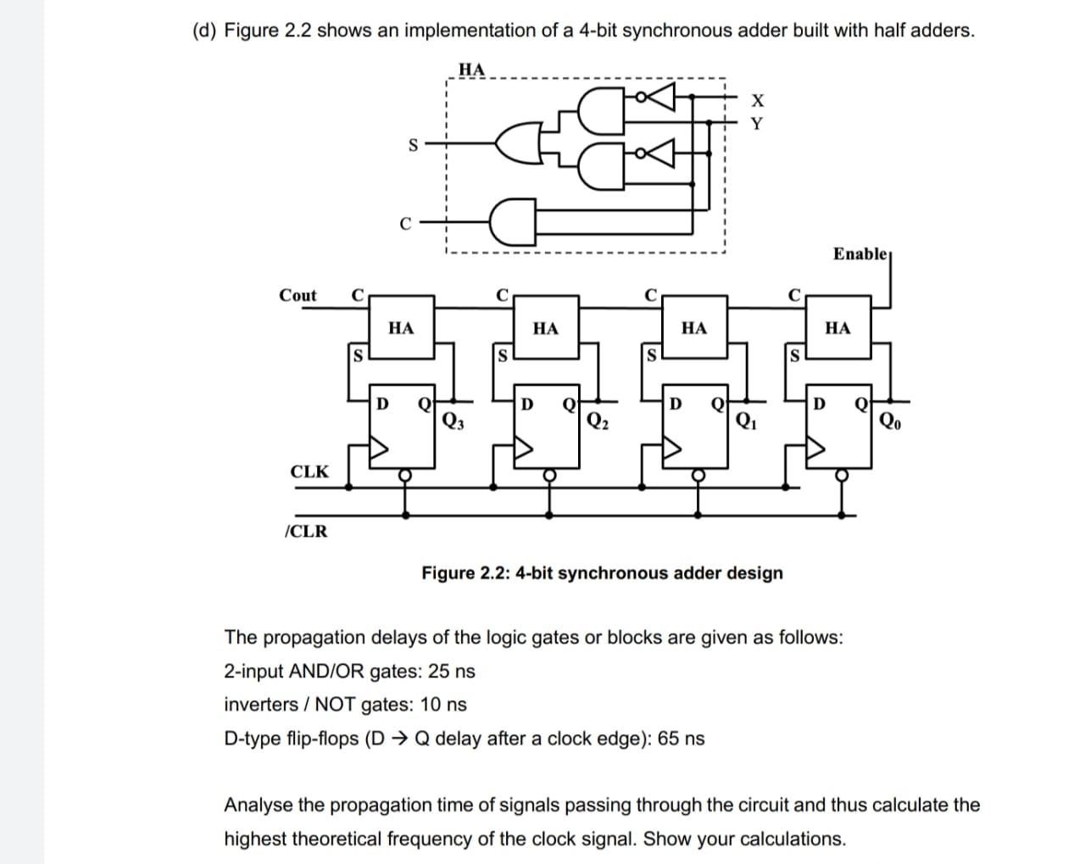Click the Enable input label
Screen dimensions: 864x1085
tap(859, 254)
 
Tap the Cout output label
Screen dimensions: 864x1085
tap(298, 295)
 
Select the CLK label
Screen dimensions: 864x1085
tap(309, 471)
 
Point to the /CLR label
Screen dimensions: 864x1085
tap(305, 532)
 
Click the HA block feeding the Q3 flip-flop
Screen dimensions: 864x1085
tap(401, 327)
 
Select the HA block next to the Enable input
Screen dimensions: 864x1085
tap(837, 327)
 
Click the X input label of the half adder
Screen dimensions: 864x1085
tap(758, 102)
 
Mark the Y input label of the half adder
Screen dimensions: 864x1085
tap(758, 124)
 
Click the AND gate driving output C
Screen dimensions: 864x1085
tap(512, 222)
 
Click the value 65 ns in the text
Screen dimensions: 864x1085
tap(681, 739)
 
